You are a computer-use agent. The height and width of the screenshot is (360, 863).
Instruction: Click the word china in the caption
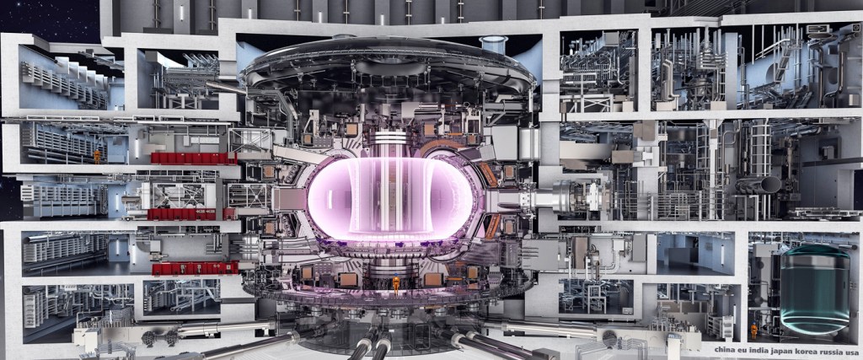[726, 350]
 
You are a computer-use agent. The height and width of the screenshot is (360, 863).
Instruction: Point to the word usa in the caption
[850, 350]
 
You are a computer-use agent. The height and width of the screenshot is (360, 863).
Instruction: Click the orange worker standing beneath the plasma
[396, 282]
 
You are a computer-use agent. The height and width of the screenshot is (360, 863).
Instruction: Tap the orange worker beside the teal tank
[753, 330]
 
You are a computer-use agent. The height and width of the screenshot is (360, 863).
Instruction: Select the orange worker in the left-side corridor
[97, 156]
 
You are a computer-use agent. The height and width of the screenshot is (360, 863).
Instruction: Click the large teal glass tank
[815, 289]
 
